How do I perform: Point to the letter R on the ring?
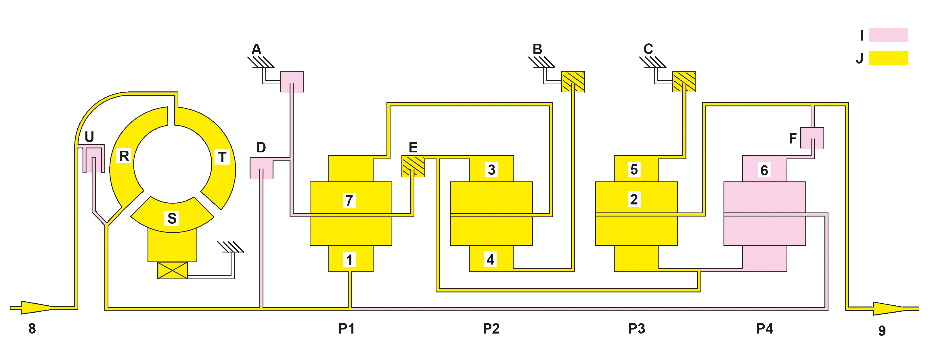(124, 156)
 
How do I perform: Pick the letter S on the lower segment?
(172, 218)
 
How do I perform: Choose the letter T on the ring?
(222, 157)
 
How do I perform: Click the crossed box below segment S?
(173, 271)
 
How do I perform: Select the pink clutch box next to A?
(292, 82)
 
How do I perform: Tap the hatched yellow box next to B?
(573, 82)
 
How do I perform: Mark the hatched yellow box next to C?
(684, 82)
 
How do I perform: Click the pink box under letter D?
(261, 168)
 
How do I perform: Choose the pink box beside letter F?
(812, 138)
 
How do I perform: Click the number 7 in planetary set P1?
(349, 200)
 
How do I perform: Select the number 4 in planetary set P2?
(491, 260)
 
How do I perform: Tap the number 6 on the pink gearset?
(764, 170)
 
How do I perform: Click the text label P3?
(637, 328)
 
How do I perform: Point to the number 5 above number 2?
(634, 170)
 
